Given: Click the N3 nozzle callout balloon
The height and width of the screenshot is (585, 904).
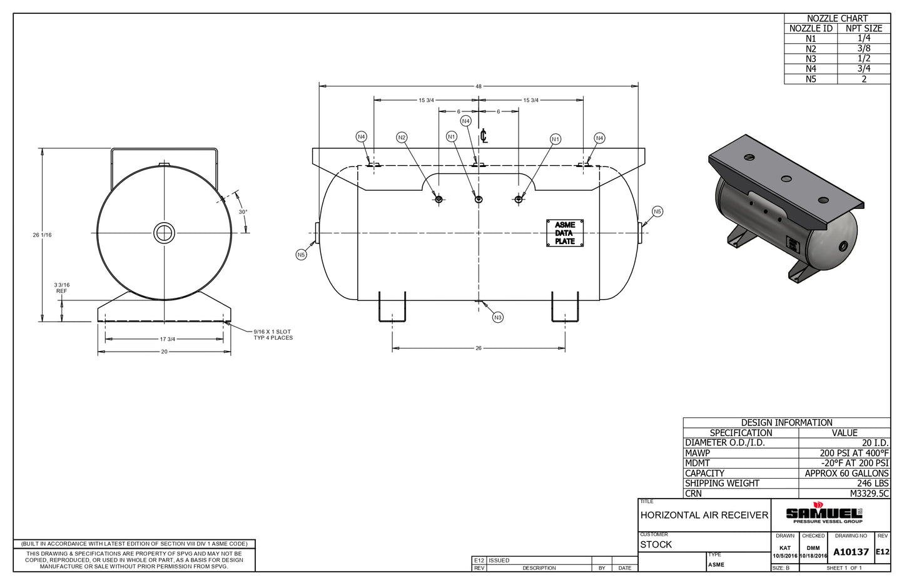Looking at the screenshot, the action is [x=497, y=318].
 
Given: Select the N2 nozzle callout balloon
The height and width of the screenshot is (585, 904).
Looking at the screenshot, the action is [x=402, y=138].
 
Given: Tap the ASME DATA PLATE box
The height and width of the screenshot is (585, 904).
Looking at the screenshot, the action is [x=564, y=233].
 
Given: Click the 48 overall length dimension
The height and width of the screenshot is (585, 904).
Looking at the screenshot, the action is [x=478, y=86].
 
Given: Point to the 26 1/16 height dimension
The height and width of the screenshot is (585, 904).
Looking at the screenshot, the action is [x=42, y=235].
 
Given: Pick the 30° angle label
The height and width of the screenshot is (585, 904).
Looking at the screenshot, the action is [x=243, y=212].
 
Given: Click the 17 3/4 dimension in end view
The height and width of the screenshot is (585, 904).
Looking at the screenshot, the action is [x=168, y=339].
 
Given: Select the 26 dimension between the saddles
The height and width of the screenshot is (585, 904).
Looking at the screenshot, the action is [x=478, y=348].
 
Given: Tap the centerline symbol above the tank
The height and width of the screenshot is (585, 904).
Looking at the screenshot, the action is [x=484, y=136].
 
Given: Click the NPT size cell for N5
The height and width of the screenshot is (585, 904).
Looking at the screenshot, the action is [x=864, y=79].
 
